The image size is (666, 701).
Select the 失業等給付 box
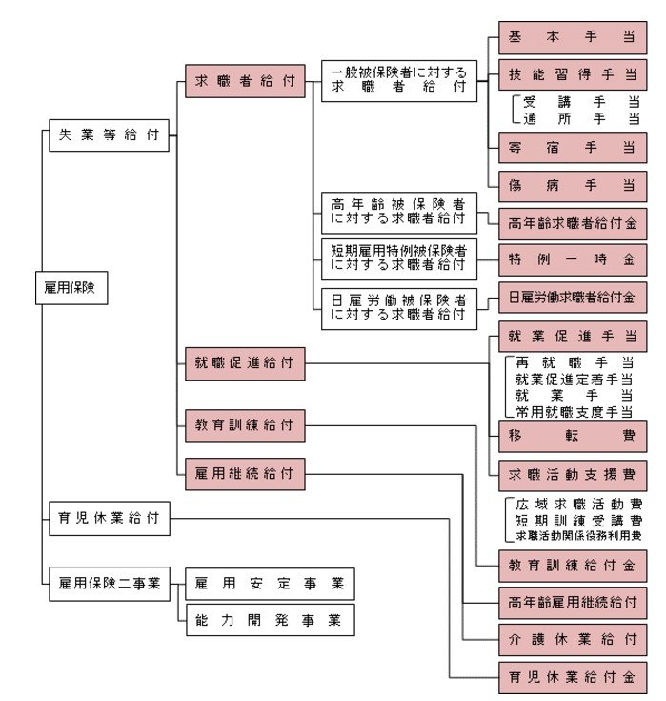109,135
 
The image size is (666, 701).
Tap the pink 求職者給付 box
245,82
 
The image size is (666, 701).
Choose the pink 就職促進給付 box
245,363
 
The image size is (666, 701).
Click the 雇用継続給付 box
245,472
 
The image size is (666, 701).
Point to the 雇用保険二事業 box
109,581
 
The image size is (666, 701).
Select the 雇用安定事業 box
269,583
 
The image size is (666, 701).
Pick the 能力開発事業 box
269,620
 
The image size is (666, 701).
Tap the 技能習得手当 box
573,73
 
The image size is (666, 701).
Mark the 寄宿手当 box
573,147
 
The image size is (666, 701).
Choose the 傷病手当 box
573,185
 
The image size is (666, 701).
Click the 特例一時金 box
573,258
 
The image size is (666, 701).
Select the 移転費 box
573,436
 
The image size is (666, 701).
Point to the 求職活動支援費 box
573,474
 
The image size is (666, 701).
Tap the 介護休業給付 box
573,639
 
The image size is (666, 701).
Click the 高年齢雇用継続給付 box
573,603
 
